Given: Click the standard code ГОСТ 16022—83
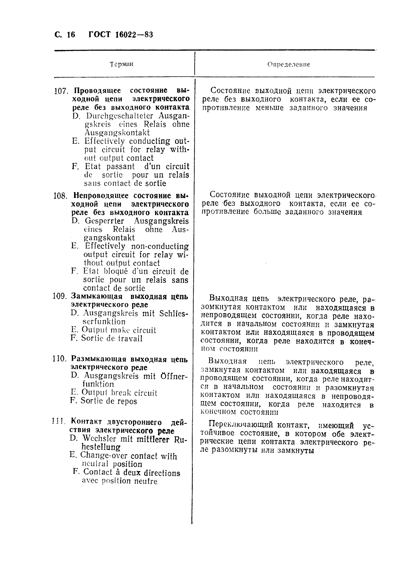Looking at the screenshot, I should point(121,35).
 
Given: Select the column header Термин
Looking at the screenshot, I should point(121,64).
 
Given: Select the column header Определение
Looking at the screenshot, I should point(289,64).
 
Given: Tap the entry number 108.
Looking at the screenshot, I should point(60,196).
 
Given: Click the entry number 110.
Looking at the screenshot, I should point(59,359).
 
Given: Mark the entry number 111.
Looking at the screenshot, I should point(59,421).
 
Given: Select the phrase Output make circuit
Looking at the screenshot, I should point(119,330).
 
